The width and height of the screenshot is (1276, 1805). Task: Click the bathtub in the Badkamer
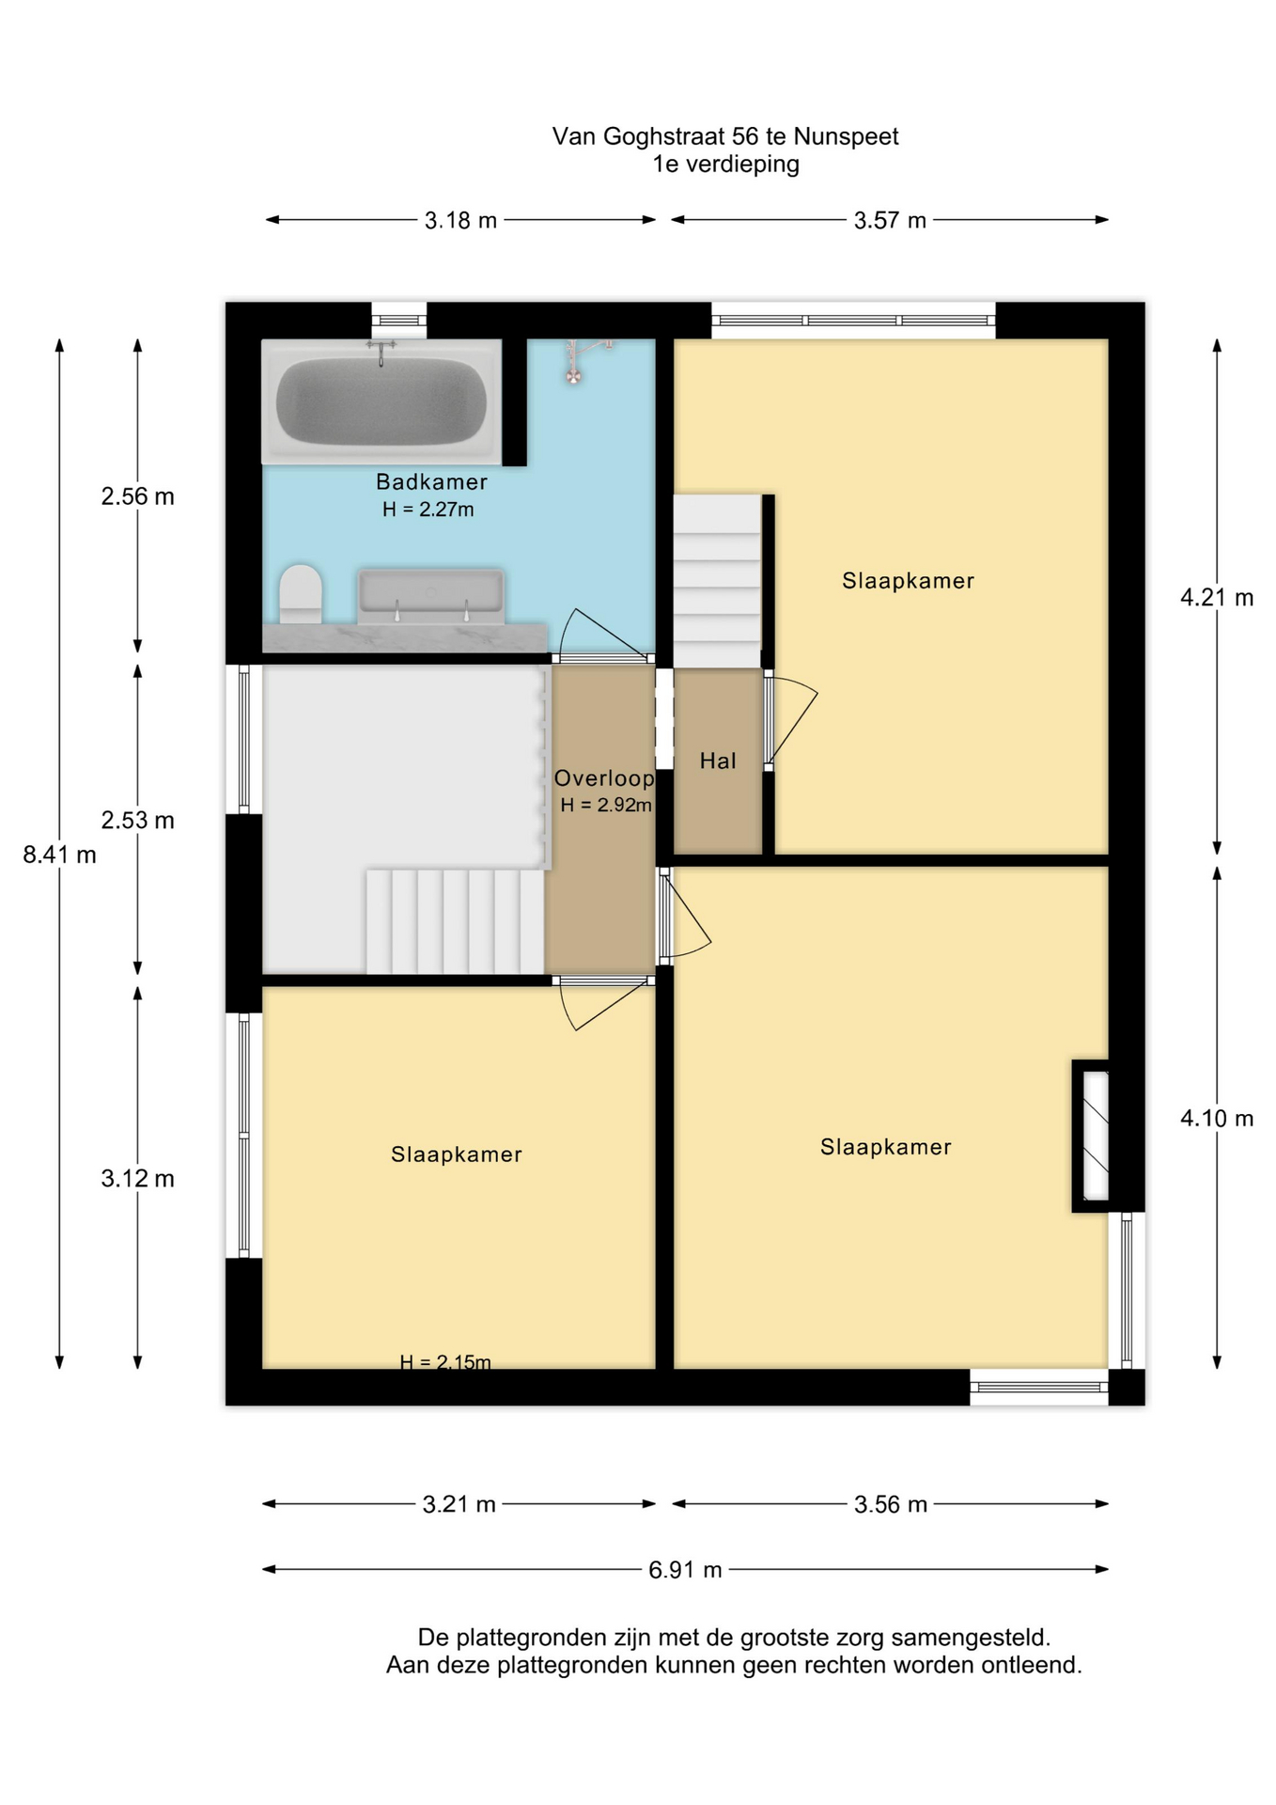(x=381, y=401)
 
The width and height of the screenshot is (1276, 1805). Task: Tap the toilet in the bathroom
(x=301, y=594)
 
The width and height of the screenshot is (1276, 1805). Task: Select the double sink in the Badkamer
(x=430, y=596)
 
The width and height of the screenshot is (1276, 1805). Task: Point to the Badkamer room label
(x=431, y=482)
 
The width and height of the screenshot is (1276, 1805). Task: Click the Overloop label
(x=604, y=778)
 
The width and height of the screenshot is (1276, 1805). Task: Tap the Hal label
(x=718, y=761)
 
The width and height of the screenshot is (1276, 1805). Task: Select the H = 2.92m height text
(x=606, y=806)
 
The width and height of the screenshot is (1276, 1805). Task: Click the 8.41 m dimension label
(x=60, y=855)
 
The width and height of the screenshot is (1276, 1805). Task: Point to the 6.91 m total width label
(x=685, y=1570)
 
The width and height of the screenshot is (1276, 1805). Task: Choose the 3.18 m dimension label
(x=460, y=221)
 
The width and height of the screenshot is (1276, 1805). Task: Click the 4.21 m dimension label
(x=1217, y=598)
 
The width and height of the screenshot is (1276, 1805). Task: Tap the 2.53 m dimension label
(x=138, y=821)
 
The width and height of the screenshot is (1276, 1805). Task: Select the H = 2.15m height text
(x=445, y=1361)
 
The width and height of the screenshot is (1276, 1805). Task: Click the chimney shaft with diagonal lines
(x=1092, y=1136)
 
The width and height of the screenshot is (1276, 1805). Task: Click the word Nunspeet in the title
(x=846, y=137)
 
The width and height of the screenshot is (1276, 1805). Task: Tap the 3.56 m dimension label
(x=891, y=1504)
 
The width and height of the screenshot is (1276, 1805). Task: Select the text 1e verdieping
(x=726, y=165)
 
